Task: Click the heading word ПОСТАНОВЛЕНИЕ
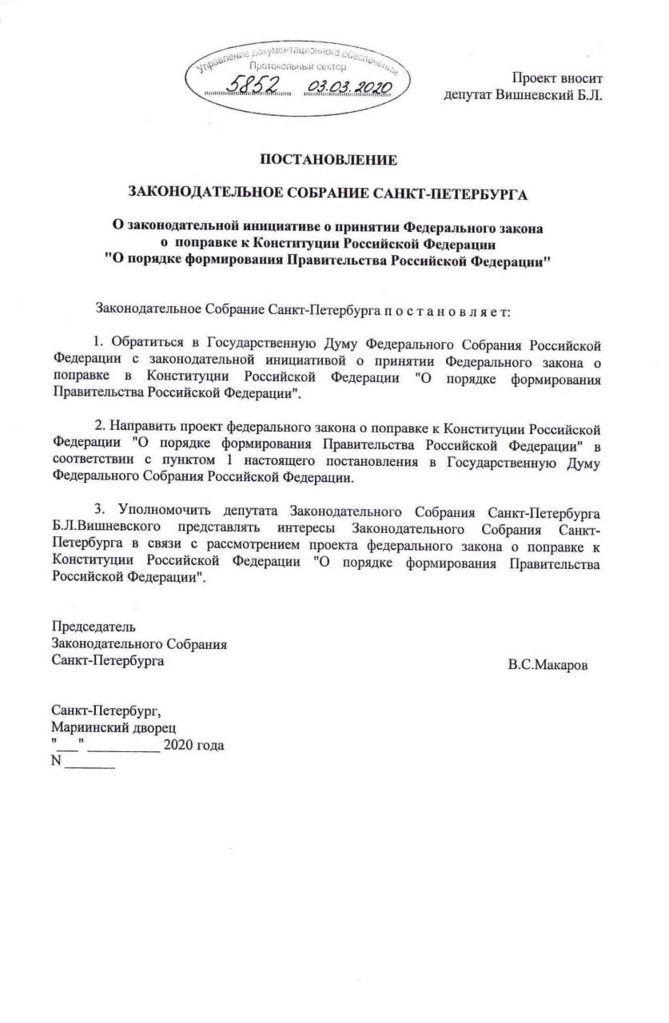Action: pyautogui.click(x=329, y=160)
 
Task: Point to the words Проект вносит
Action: pyautogui.click(x=557, y=78)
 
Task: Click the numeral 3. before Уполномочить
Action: pyautogui.click(x=100, y=509)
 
